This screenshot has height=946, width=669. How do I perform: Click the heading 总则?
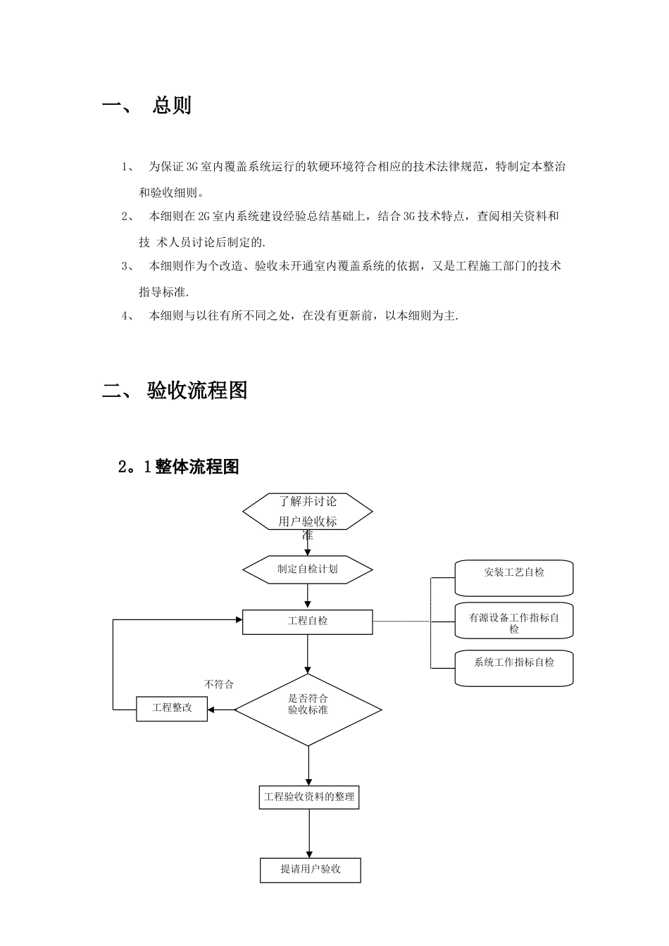171,106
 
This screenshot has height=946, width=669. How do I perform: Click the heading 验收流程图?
197,391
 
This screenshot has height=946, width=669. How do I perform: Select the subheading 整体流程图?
197,467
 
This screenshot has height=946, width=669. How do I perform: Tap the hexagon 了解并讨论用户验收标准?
308,512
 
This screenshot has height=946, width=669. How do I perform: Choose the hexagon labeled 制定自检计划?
308,569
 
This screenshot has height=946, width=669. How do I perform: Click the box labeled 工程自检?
308,622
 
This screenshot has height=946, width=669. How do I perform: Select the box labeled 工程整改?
172,708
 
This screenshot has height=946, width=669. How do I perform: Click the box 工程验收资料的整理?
309,797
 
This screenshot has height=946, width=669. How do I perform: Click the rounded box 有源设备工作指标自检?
514,622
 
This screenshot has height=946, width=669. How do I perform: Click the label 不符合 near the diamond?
218,684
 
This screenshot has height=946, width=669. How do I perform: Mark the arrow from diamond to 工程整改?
221,709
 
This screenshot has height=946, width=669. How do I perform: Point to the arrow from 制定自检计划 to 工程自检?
308,595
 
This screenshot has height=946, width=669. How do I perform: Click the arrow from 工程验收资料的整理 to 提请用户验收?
309,833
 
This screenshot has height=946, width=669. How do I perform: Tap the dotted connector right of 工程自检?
401,622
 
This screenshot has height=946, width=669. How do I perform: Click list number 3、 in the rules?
128,266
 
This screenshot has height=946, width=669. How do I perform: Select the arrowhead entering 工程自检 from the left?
238,620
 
